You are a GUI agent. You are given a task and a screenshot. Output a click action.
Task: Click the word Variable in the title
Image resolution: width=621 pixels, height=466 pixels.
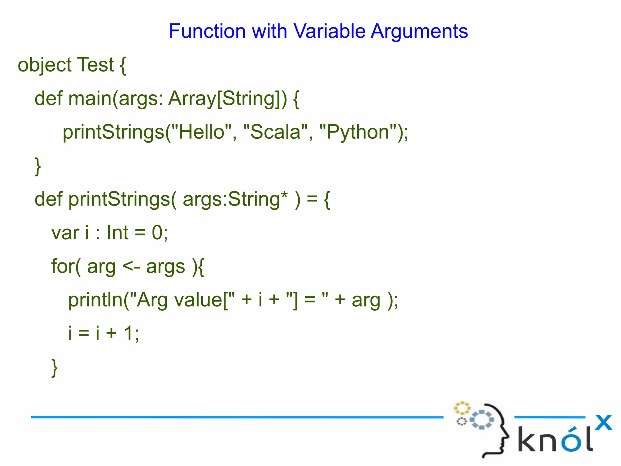[x=330, y=31]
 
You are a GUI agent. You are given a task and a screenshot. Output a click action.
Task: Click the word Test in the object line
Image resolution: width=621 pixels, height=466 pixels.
[x=96, y=65]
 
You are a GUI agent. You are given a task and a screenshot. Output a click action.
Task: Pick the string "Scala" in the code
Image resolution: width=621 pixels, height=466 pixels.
[x=275, y=132]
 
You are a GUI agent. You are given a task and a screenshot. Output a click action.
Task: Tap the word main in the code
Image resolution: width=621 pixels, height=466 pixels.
[x=90, y=99]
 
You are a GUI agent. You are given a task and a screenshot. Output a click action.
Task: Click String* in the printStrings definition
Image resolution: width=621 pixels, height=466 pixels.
[x=257, y=199]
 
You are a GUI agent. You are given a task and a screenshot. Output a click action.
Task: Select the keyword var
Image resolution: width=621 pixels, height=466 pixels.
[x=65, y=233]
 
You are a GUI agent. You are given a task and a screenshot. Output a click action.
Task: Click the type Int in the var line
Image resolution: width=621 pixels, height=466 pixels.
[x=118, y=233]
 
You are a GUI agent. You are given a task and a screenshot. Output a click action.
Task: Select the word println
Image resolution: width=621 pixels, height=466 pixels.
[x=95, y=300]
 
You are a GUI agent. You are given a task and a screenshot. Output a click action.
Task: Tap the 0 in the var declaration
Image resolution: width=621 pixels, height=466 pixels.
[x=157, y=233]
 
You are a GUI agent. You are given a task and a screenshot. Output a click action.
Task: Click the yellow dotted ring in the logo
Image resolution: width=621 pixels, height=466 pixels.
[x=462, y=408]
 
